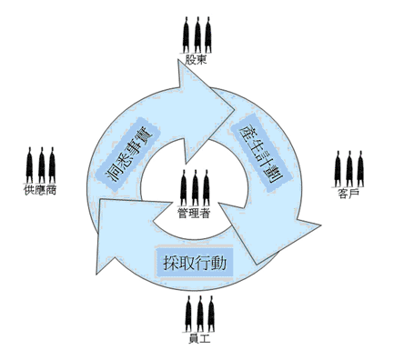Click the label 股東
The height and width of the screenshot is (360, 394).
197,61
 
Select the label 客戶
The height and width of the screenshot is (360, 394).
349,194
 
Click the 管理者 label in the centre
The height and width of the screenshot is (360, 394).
197,215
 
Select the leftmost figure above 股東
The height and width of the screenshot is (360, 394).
187,35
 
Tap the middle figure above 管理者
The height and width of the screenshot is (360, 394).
197,187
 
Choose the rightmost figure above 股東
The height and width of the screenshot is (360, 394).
208,35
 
